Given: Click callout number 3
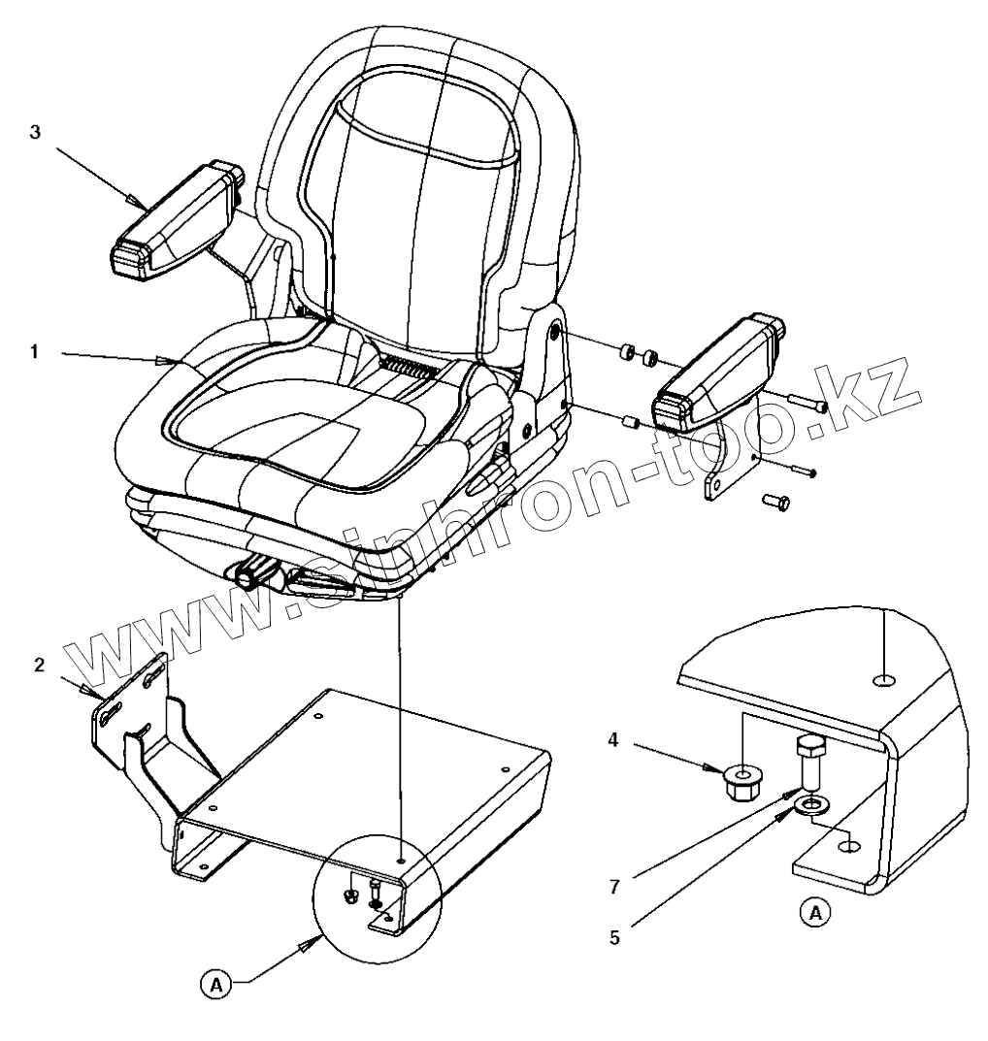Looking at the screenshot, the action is pyautogui.click(x=35, y=133).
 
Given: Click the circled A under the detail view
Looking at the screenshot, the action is pyautogui.click(x=816, y=912).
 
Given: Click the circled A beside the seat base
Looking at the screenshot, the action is pyautogui.click(x=217, y=984).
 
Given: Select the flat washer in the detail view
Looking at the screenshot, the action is pyautogui.click(x=811, y=803).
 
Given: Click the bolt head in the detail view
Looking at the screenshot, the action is pyautogui.click(x=810, y=746).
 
